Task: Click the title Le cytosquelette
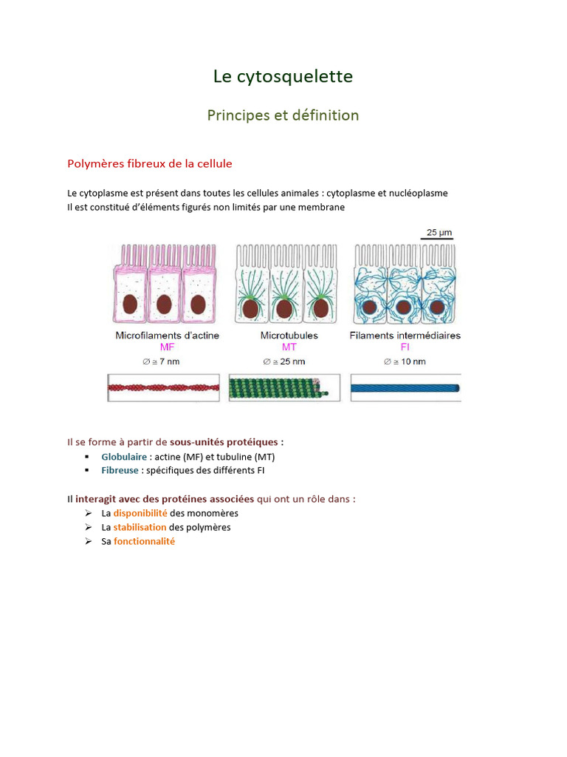point(283,76)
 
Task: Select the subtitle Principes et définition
point(283,115)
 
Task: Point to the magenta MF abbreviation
point(167,347)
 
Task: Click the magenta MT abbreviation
point(289,347)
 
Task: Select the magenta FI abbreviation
point(405,347)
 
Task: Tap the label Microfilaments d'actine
point(167,335)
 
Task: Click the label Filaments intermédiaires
point(405,335)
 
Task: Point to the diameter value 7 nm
point(167,361)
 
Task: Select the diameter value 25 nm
point(289,361)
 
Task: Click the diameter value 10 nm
point(408,361)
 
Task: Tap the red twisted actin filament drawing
point(163,387)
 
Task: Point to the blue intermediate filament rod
point(405,387)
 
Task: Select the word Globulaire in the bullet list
point(124,457)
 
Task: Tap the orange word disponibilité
point(140,513)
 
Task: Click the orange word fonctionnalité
point(144,541)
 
